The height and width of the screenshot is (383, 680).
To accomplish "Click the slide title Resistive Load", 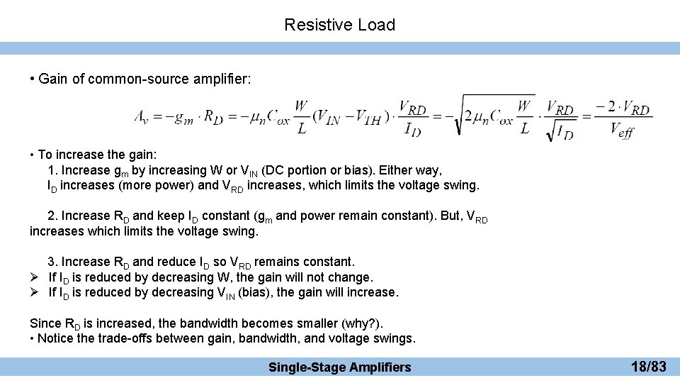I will coord(339,25).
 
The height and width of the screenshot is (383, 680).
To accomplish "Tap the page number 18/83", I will coord(648,367).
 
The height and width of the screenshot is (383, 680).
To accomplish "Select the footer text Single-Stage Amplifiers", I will coord(339,367).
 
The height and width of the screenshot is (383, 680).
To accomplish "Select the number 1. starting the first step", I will coord(52,170).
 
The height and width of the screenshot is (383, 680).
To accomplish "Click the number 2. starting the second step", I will coord(52,216).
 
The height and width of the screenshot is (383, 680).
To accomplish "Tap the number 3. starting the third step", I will coord(52,262).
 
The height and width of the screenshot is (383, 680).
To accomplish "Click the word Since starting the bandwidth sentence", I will coord(45,323).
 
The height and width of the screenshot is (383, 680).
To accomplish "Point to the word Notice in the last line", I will coord(55,338).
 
